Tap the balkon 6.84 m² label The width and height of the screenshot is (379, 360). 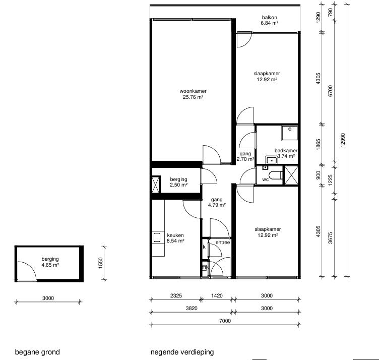point(269,20)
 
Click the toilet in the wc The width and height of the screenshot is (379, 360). point(276,175)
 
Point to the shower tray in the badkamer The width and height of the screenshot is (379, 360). point(290,133)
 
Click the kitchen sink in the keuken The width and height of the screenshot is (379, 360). point(157,237)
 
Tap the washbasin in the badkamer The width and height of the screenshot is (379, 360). point(272,160)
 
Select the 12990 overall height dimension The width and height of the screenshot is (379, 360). point(343,140)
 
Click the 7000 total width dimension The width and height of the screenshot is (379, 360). point(225,321)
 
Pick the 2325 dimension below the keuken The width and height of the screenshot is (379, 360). point(176,295)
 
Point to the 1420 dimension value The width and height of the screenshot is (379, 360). point(217,295)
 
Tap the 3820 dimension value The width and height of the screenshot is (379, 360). point(192,308)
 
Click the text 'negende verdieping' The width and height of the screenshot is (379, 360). point(182,352)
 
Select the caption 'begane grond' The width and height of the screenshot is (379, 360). point(37,352)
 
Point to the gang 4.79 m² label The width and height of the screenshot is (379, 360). point(217,202)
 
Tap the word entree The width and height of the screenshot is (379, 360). point(223,242)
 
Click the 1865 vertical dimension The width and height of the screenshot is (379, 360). point(319,144)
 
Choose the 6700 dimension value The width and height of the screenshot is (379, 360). point(331,91)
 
